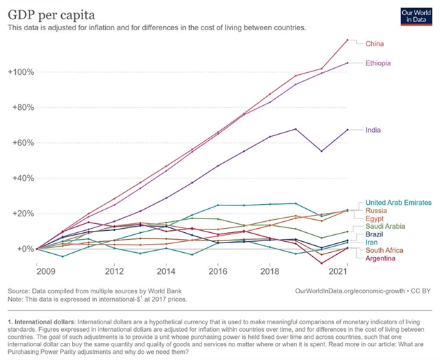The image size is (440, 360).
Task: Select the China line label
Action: pyautogui.click(x=375, y=43)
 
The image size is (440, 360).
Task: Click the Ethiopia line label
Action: pyautogui.click(x=379, y=63)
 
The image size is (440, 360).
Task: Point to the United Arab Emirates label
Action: pyautogui.click(x=399, y=203)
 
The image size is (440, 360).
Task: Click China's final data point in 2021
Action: pyautogui.click(x=348, y=40)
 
